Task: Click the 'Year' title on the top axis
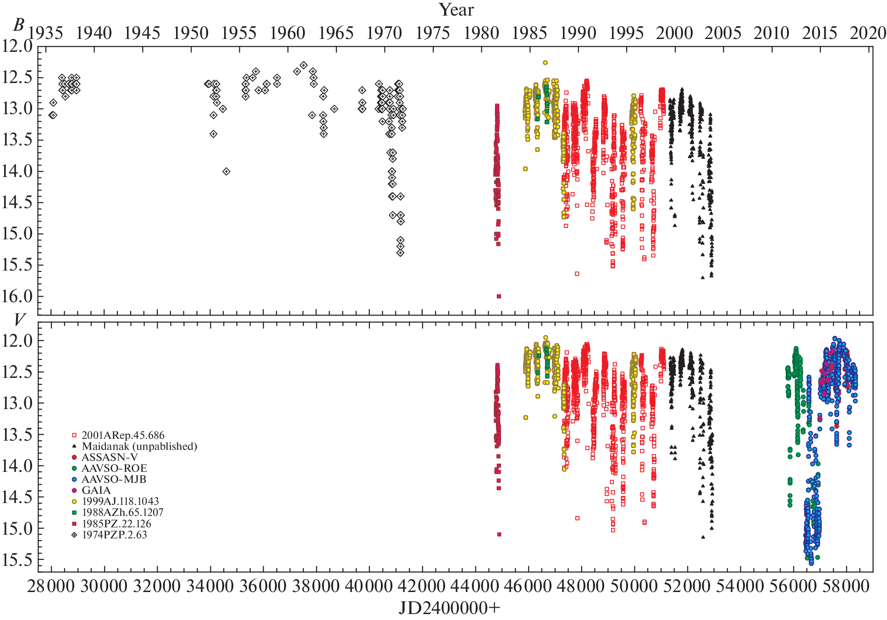(456, 10)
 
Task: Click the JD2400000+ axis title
(449, 609)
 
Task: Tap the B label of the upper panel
(18, 25)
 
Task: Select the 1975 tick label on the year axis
(433, 33)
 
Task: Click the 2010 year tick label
(771, 33)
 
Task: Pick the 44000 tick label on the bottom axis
(475, 587)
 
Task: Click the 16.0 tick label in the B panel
(17, 296)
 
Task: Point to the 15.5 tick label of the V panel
(17, 560)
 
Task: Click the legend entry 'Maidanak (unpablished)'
(139, 446)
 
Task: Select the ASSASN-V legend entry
(110, 457)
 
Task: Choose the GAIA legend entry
(96, 490)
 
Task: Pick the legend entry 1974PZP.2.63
(114, 535)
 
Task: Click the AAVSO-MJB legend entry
(114, 479)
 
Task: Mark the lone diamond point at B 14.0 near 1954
(226, 172)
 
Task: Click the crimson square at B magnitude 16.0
(499, 296)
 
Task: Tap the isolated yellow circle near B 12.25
(545, 62)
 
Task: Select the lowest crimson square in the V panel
(499, 534)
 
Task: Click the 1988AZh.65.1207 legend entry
(122, 512)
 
